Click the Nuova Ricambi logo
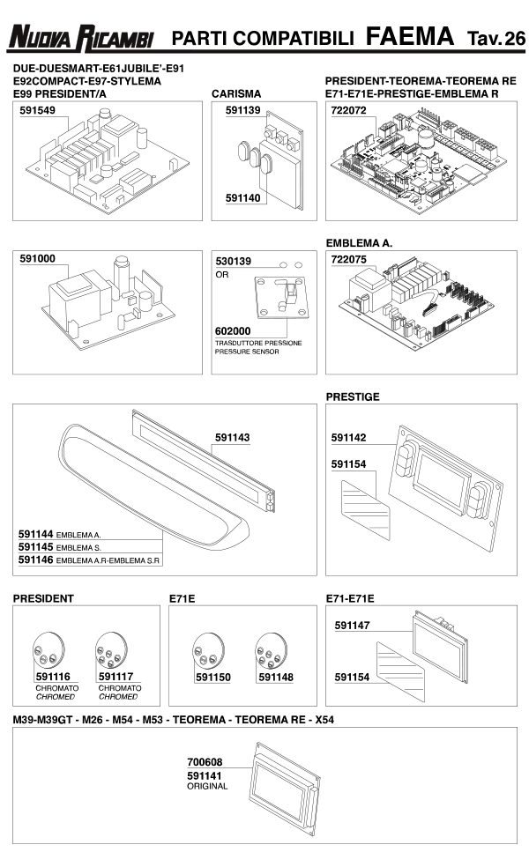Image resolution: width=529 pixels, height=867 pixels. pyautogui.click(x=81, y=38)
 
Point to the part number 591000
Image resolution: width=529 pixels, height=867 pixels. pyautogui.click(x=38, y=259)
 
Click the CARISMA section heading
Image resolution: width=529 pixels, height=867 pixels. pyautogui.click(x=234, y=92)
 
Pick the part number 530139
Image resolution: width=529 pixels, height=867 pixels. pyautogui.click(x=234, y=262)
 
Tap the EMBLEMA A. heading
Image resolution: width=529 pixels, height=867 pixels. pyautogui.click(x=359, y=241)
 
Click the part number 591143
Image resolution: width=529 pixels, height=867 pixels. pyautogui.click(x=233, y=437)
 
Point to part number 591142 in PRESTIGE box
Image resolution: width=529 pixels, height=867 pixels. pyautogui.click(x=349, y=437)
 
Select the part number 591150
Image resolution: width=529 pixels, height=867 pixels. pyautogui.click(x=212, y=678)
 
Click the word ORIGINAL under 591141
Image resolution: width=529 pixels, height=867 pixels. pyautogui.click(x=207, y=786)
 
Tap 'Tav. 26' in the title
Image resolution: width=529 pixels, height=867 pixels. pyautogui.click(x=495, y=38)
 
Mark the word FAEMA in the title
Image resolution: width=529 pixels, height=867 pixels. pyautogui.click(x=409, y=37)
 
